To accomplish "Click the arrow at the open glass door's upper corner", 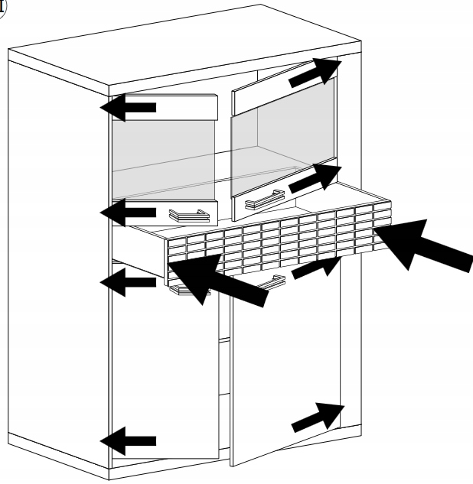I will pyautogui.click(x=315, y=73).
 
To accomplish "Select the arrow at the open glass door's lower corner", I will pyautogui.click(x=313, y=178).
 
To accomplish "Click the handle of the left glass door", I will pyautogui.click(x=188, y=215).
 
